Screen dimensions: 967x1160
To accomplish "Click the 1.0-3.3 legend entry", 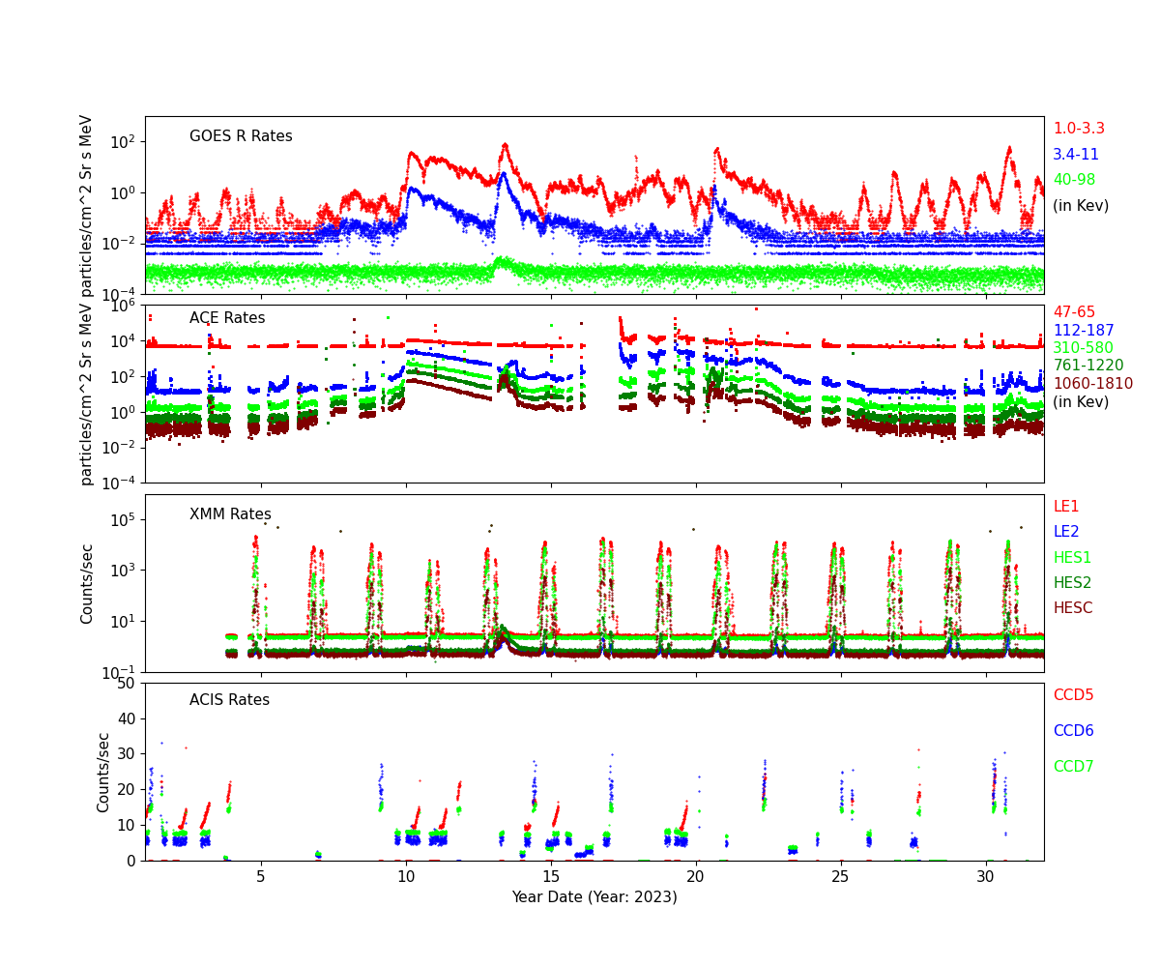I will [x=1078, y=129].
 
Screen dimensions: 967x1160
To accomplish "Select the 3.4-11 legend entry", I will [x=1075, y=155].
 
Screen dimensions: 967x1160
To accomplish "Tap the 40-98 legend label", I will [x=1075, y=180].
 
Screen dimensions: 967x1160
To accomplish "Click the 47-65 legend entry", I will [x=1074, y=312].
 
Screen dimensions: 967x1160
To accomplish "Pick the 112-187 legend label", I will [x=1083, y=331].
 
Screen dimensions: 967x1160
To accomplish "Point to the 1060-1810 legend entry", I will [x=1092, y=384].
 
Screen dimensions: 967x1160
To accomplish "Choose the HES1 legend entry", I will [x=1072, y=558].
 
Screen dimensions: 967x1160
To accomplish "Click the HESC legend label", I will [x=1072, y=608].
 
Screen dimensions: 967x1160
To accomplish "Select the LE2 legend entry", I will [x=1065, y=532].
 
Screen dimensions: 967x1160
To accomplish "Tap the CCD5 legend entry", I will [x=1073, y=695].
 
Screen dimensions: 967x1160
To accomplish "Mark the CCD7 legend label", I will [x=1073, y=767].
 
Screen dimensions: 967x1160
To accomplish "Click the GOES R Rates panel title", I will [x=241, y=136].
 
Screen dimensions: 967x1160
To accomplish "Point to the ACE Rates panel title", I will [x=227, y=318].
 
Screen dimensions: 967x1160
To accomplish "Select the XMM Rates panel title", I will [x=230, y=514].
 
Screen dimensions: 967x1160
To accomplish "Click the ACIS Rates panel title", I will [x=229, y=700].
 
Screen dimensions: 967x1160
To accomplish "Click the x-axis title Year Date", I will [x=594, y=897].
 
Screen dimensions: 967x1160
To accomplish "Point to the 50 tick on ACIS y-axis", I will [x=127, y=684].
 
